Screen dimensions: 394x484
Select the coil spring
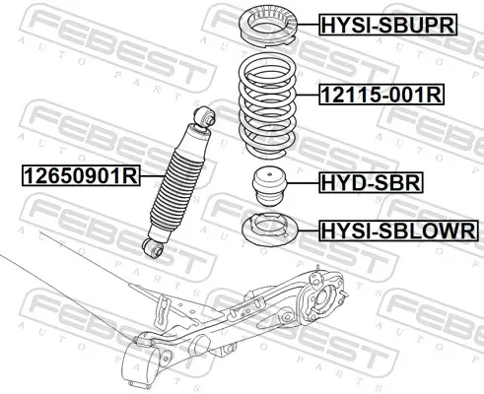[266, 106]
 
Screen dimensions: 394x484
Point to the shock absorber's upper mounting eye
[206, 116]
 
